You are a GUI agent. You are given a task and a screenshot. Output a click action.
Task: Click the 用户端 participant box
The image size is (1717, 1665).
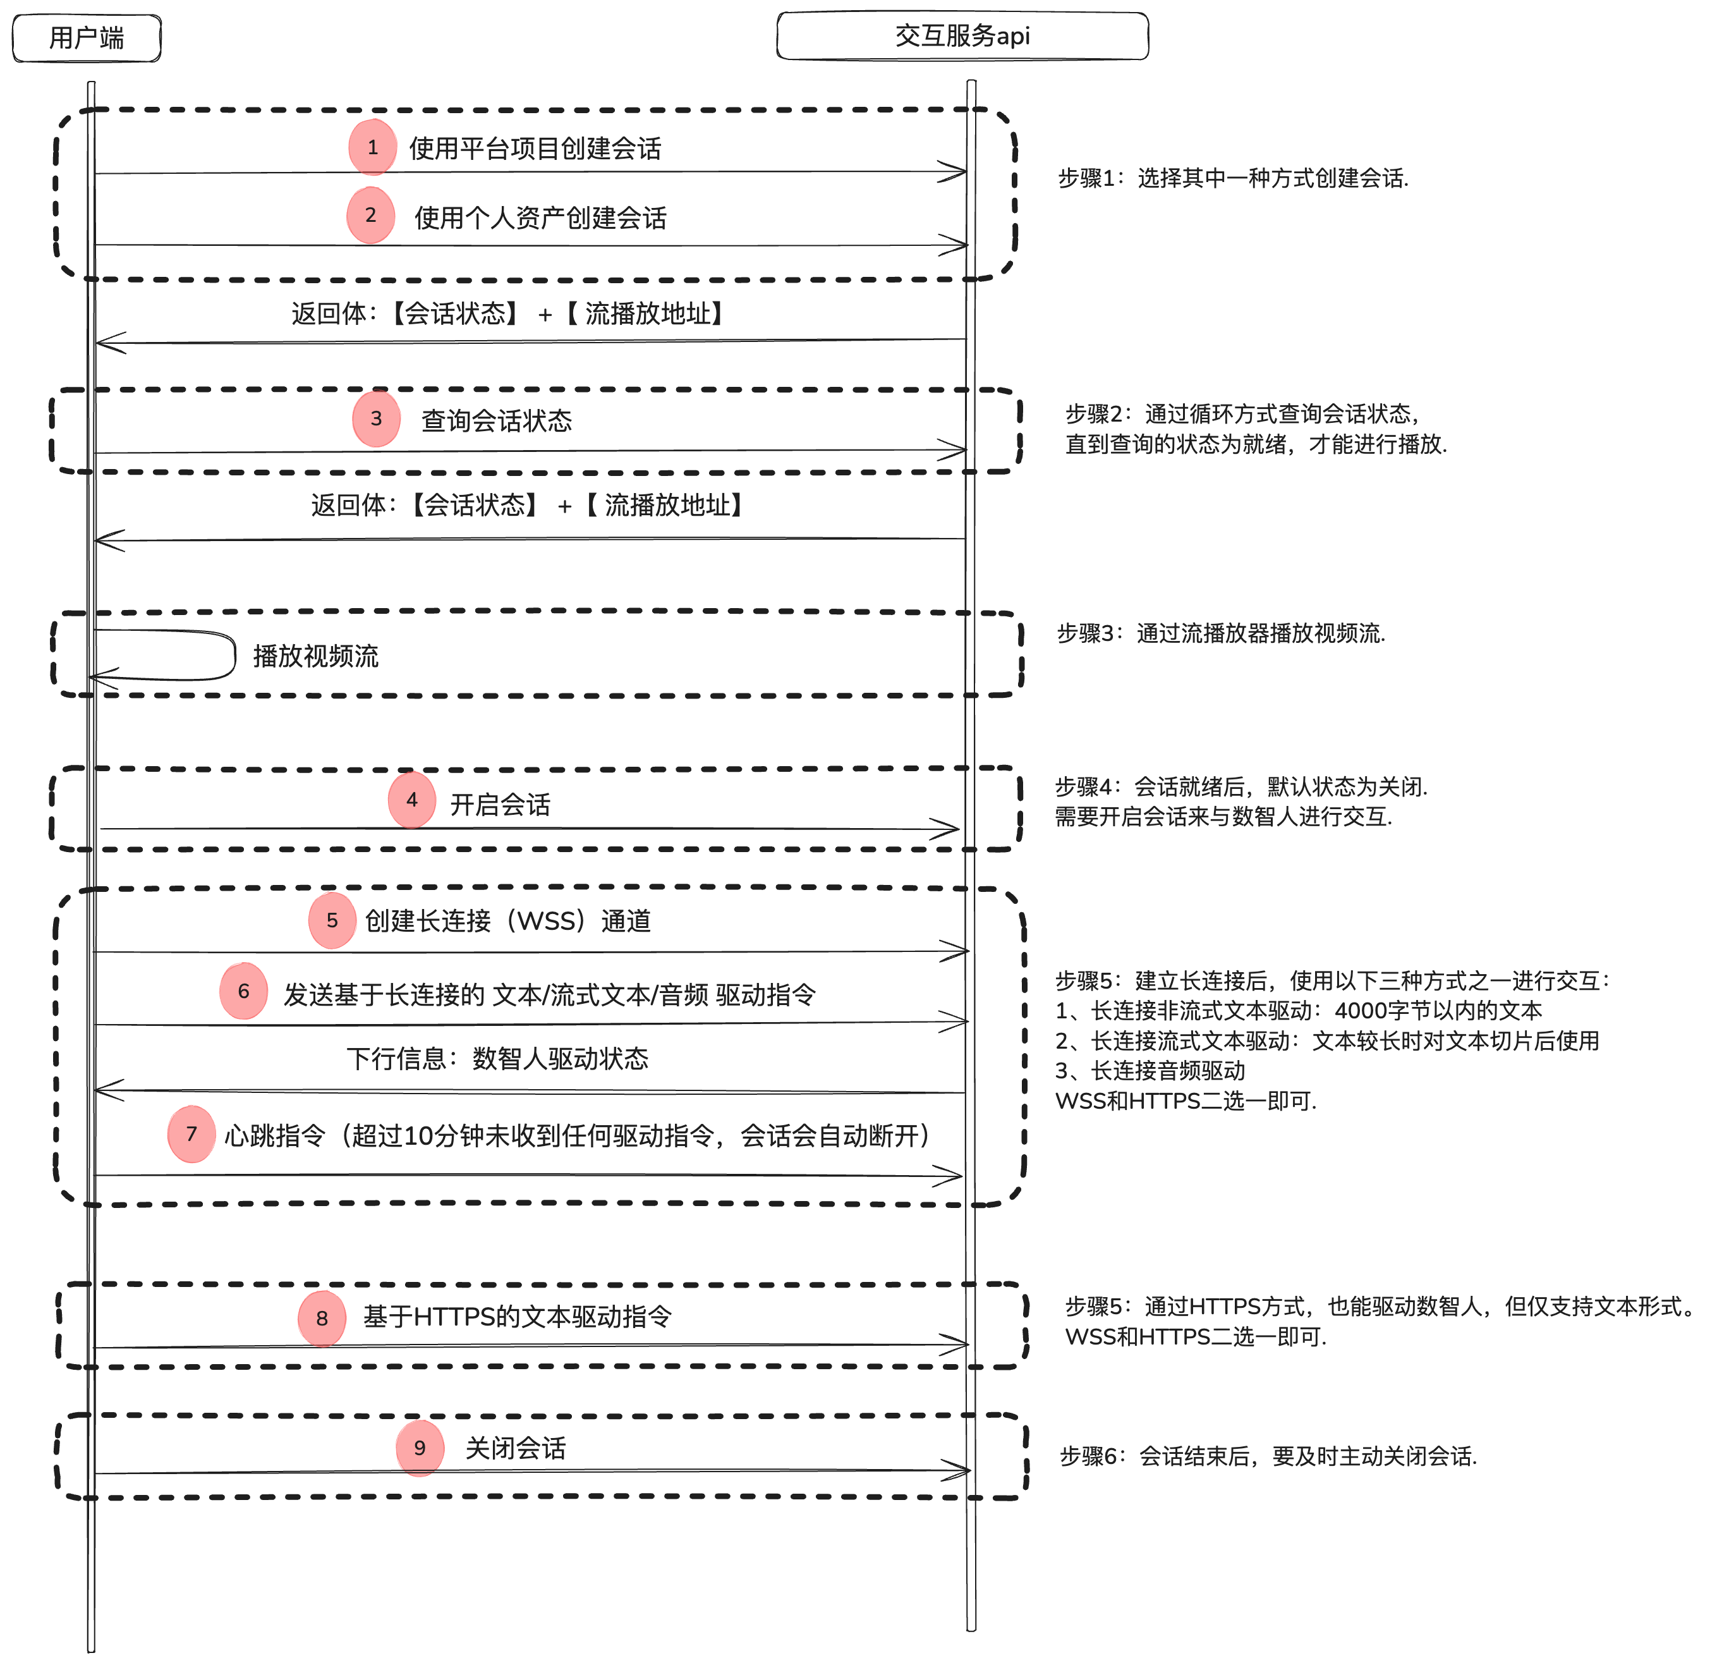(87, 39)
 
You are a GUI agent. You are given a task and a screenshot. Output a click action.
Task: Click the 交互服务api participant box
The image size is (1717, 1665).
(962, 36)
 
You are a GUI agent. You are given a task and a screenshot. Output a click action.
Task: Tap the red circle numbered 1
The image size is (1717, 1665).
(372, 147)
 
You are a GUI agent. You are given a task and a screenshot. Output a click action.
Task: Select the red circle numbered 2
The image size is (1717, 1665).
(370, 216)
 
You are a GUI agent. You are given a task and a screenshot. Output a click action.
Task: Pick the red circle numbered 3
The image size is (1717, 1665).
(376, 419)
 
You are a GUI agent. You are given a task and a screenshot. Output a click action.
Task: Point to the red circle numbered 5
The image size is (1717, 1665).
(332, 920)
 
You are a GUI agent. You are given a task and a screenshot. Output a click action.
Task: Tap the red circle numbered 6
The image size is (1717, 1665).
(243, 991)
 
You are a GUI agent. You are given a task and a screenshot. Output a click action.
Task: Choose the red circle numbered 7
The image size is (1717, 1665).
(191, 1134)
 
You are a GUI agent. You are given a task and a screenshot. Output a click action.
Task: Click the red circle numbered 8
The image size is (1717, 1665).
(322, 1318)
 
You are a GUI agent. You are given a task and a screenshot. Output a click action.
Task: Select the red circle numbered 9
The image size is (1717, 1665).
(420, 1448)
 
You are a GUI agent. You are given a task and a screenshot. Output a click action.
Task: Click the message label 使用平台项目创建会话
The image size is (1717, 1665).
(535, 149)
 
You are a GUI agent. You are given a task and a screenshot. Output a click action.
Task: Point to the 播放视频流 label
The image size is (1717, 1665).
(315, 656)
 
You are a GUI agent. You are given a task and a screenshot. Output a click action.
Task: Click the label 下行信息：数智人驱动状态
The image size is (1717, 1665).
(497, 1059)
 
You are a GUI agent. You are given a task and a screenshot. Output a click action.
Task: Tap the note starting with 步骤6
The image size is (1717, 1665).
(1268, 1456)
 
